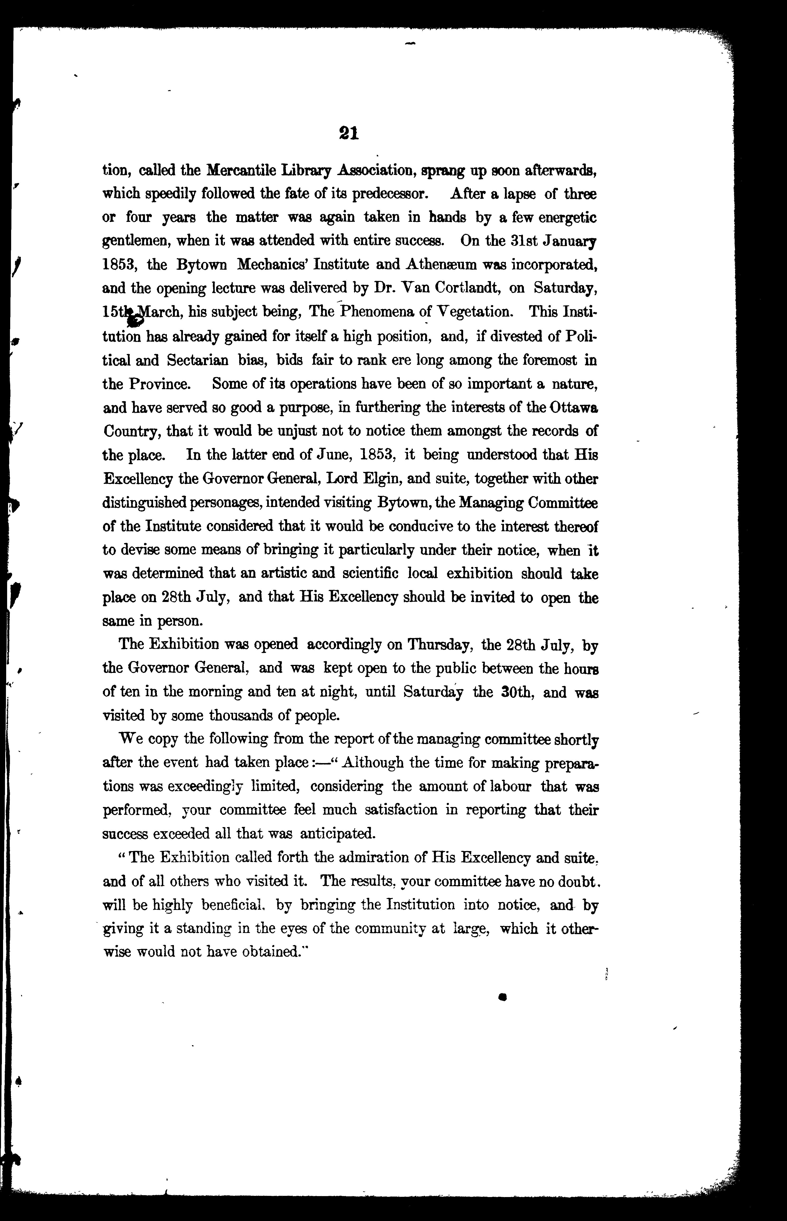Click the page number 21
pos(349,133)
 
